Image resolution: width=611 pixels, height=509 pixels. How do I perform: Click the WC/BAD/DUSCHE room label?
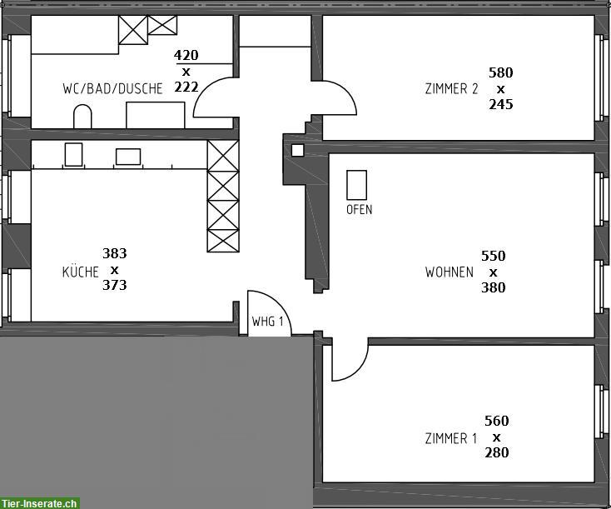click(112, 88)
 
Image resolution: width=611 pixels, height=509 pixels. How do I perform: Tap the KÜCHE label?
click(80, 271)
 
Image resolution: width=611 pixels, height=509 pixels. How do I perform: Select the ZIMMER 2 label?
click(451, 88)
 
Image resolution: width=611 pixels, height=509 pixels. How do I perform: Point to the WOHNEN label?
click(450, 272)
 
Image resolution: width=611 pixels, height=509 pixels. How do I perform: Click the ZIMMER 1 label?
click(451, 438)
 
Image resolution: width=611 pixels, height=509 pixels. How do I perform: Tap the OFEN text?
click(360, 209)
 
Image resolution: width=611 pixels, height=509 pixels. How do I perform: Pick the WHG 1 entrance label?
click(267, 322)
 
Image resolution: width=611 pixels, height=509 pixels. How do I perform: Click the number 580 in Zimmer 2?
click(501, 72)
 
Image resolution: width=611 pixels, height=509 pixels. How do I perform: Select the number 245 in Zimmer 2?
click(501, 104)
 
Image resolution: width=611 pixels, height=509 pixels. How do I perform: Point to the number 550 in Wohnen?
click(494, 256)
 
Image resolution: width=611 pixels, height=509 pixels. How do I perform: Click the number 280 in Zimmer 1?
click(497, 452)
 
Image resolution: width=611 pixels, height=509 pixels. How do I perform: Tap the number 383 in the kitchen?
click(115, 253)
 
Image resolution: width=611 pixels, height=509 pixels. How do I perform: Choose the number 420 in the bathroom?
click(186, 55)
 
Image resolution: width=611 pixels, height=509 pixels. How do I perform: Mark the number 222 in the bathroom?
click(186, 87)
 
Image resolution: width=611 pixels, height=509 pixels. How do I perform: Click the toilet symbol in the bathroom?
click(82, 117)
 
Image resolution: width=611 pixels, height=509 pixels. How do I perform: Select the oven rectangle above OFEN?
click(356, 185)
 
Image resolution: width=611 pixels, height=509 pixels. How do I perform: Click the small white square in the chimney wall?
click(298, 150)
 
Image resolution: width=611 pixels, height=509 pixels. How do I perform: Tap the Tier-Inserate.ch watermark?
click(39, 503)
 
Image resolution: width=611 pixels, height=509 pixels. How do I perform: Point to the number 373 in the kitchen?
click(115, 285)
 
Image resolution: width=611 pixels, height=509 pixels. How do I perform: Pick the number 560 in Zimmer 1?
click(497, 421)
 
